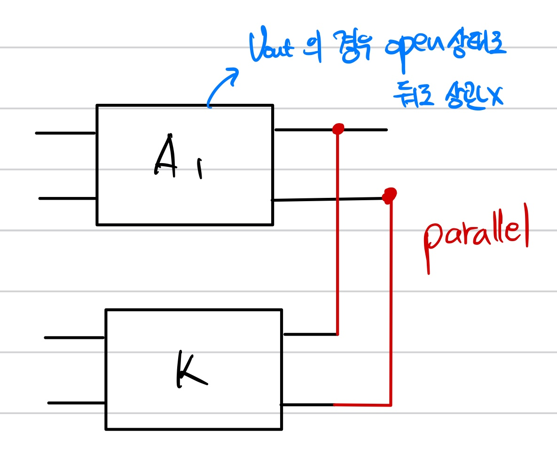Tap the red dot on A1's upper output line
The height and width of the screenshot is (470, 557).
(337, 128)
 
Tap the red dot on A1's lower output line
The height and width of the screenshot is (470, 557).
(389, 195)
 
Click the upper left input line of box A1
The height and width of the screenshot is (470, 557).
(66, 133)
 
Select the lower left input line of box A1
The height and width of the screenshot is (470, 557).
(68, 198)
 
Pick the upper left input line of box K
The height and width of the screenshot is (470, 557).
(74, 337)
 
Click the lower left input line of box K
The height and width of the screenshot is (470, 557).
(76, 403)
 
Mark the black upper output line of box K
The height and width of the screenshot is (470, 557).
(310, 334)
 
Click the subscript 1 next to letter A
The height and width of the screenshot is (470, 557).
(200, 168)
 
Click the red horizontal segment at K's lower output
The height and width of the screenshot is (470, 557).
(362, 405)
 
